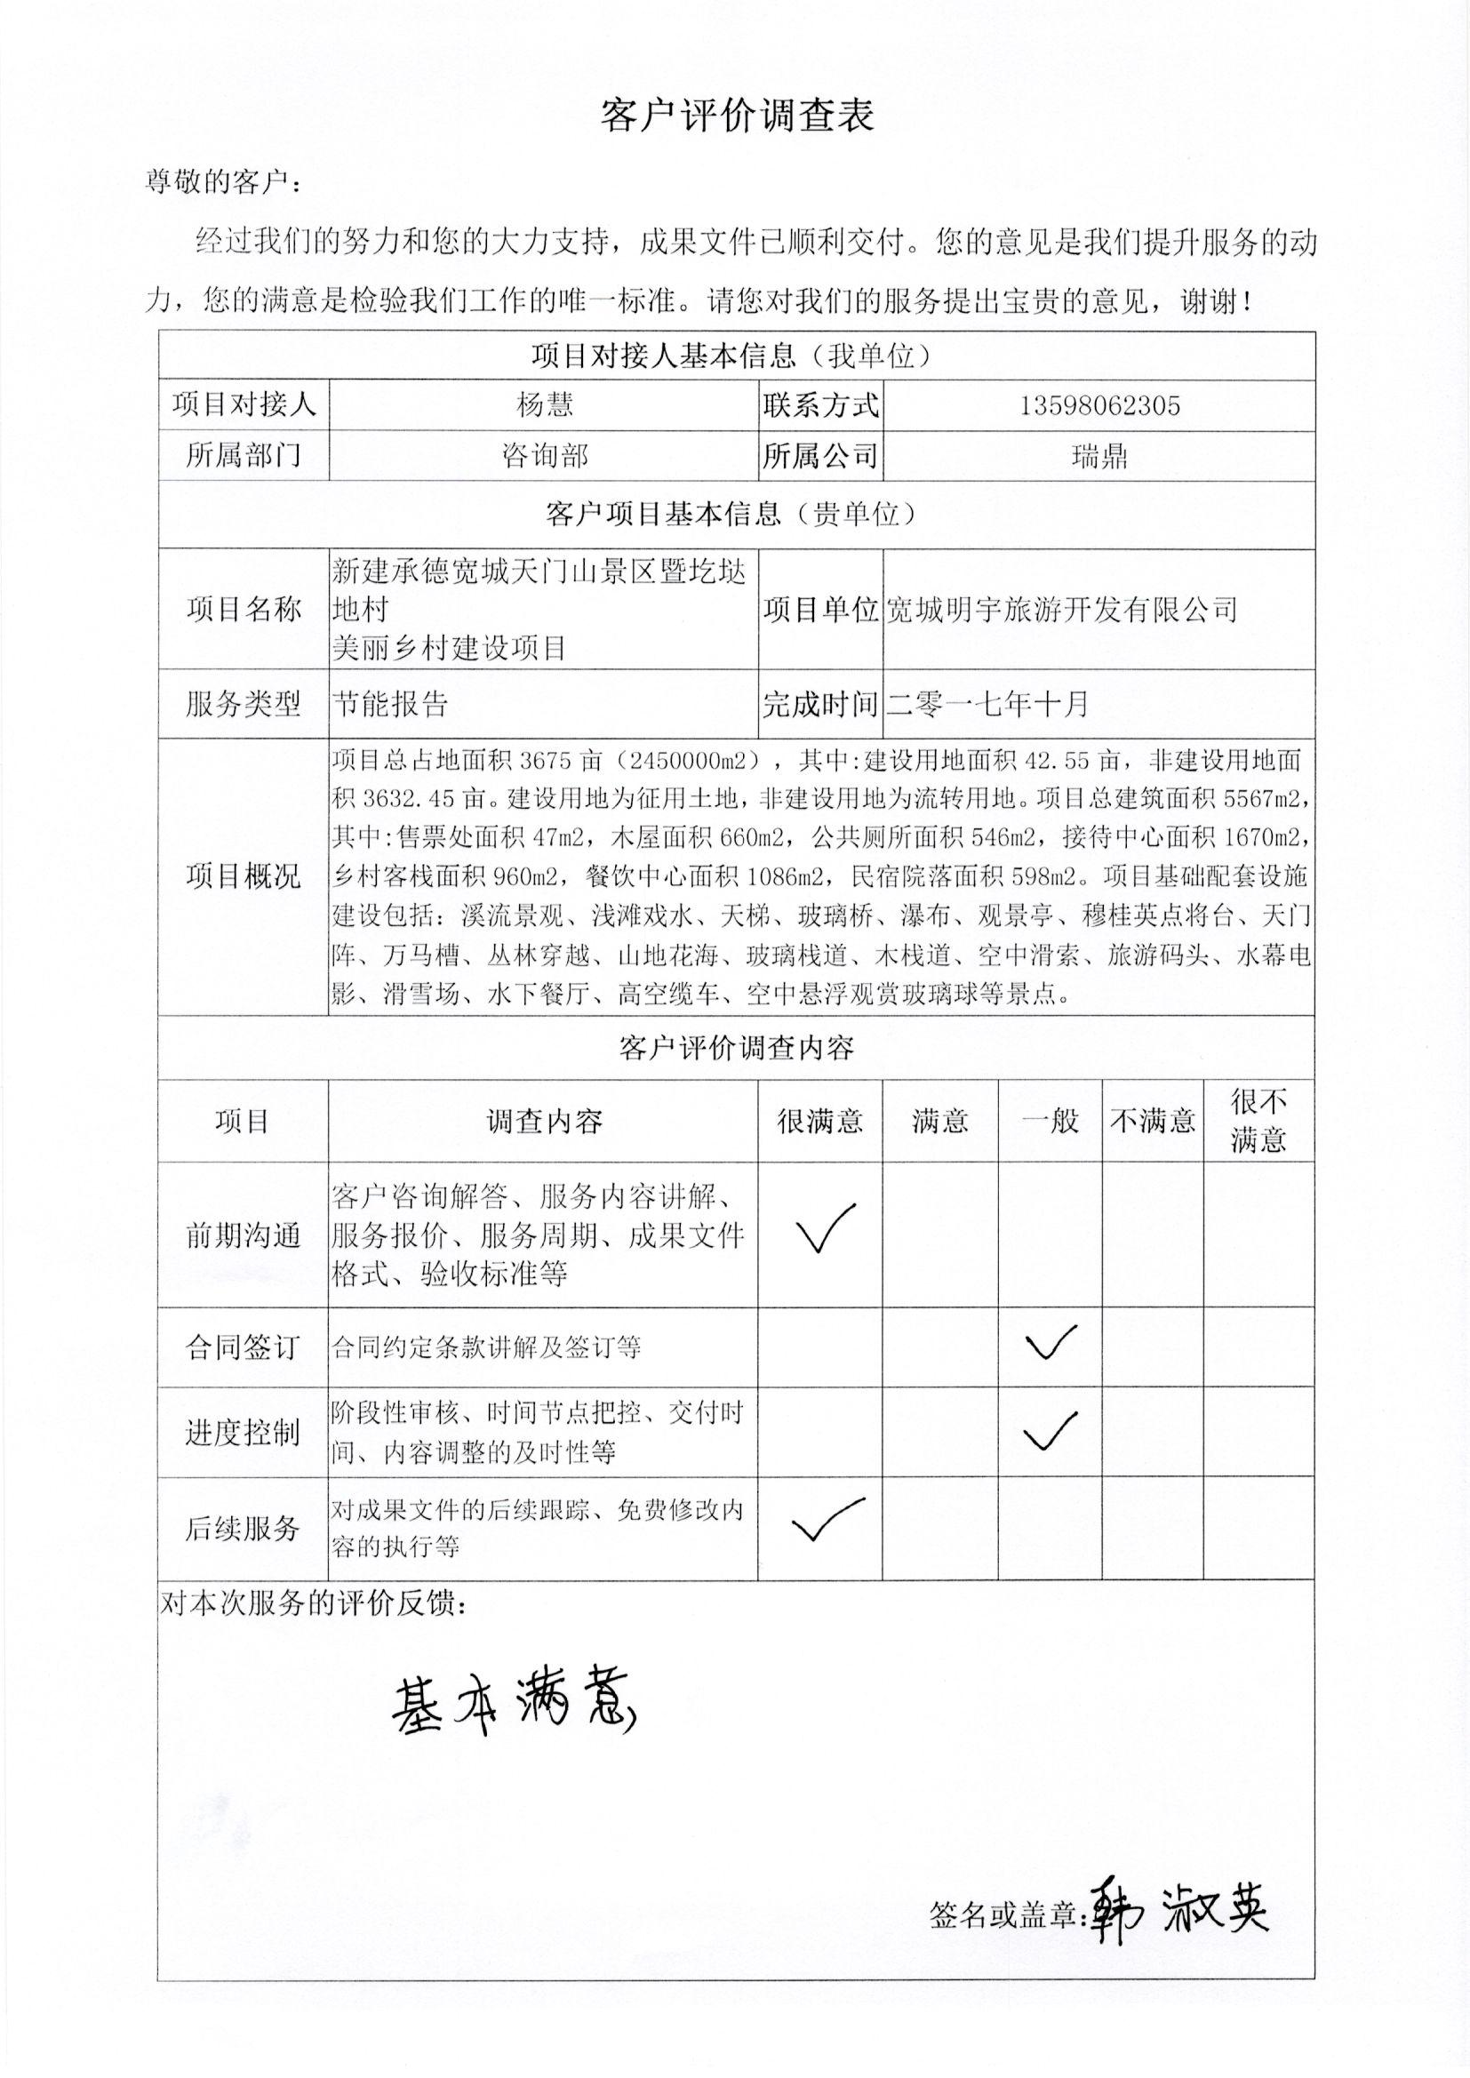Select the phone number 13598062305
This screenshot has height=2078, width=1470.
tap(1099, 405)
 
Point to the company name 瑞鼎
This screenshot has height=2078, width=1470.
tap(1099, 455)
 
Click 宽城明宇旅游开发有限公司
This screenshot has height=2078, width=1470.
tap(1061, 610)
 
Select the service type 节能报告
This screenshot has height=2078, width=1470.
tap(390, 704)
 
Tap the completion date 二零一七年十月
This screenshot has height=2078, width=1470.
tap(987, 704)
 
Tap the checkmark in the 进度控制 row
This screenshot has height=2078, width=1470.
tap(1050, 1430)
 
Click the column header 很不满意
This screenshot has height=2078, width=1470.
tap(1258, 1121)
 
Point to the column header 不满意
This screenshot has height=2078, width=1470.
tap(1153, 1122)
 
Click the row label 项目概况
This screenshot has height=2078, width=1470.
tap(243, 875)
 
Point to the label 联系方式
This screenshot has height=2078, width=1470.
tap(820, 405)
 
